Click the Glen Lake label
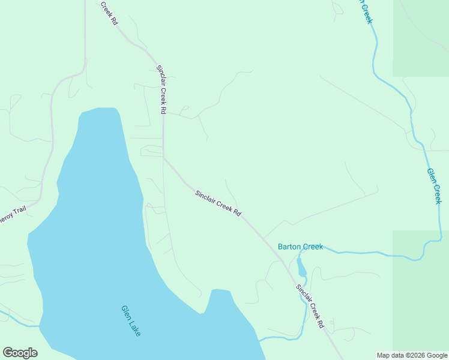(131, 321)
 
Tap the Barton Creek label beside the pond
(300, 247)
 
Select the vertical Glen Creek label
(434, 186)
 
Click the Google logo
(20, 353)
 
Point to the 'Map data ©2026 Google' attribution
(412, 355)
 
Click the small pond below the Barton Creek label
(301, 267)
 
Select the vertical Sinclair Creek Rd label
(161, 90)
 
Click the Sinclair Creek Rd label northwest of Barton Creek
(218, 203)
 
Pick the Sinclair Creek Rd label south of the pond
(310, 305)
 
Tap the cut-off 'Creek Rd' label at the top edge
(108, 12)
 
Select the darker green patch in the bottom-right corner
(420, 288)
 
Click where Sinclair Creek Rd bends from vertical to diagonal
(163, 158)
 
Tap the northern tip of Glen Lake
(99, 109)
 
